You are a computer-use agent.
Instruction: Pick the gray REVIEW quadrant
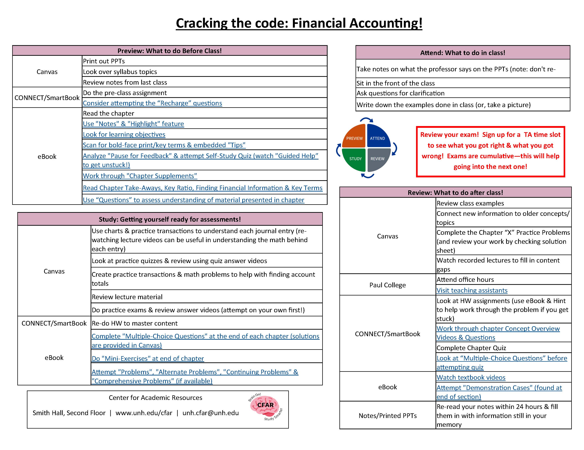(x=378, y=160)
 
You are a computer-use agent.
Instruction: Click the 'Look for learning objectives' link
(x=124, y=134)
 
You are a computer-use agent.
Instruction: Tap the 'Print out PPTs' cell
(x=104, y=61)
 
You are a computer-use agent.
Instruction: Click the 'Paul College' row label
(x=387, y=285)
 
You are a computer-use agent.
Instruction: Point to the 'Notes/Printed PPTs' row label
(x=387, y=415)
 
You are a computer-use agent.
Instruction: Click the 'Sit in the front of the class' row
(x=396, y=83)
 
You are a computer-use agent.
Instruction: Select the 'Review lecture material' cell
(x=127, y=297)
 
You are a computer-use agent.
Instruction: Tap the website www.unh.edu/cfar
(x=144, y=413)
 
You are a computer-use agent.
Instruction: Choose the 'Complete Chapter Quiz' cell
(x=471, y=348)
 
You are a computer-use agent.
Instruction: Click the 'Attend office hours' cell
(x=465, y=280)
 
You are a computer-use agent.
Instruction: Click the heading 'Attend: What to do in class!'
(x=463, y=53)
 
